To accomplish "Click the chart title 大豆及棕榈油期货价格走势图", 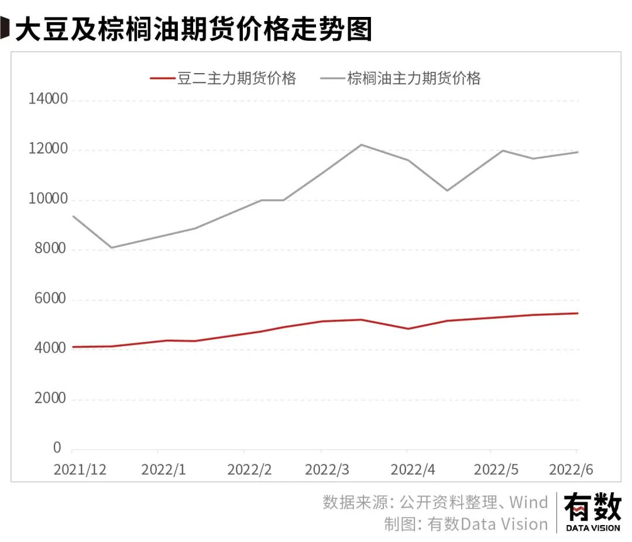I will click(193, 29).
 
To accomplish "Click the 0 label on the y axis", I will click(57, 448).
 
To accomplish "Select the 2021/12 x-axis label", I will click(80, 469).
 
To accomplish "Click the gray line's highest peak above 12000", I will click(362, 144).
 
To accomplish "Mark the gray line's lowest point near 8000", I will click(111, 247).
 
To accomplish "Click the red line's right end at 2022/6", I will click(578, 313).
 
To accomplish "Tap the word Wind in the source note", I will click(528, 502).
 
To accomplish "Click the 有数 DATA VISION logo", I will click(592, 512).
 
